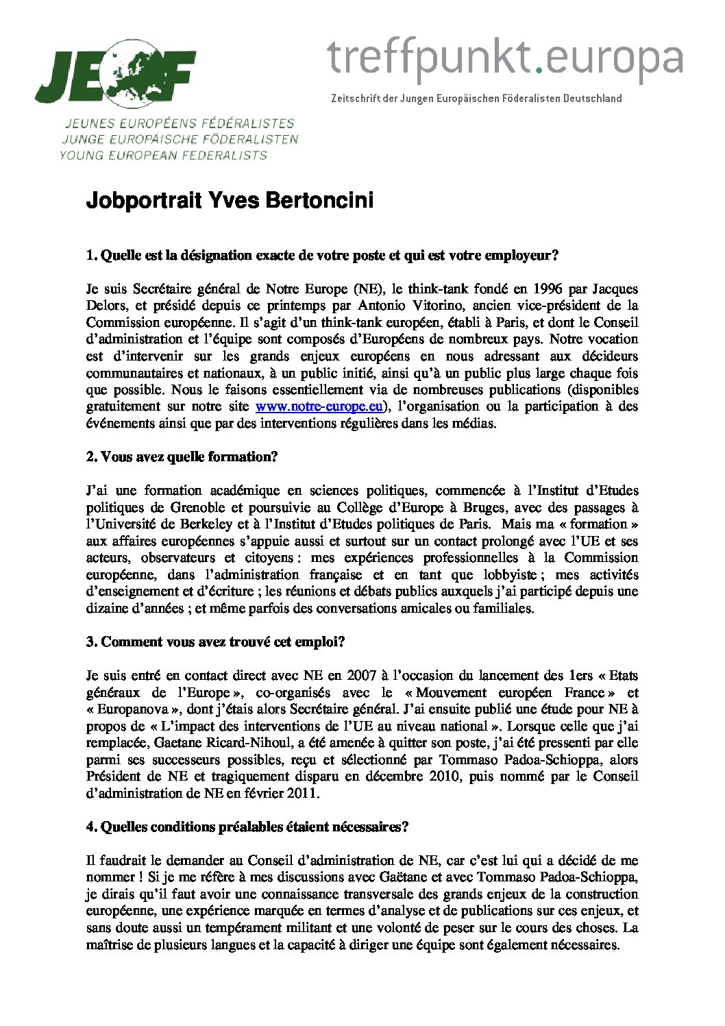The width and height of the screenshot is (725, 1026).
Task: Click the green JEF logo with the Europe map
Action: tap(116, 73)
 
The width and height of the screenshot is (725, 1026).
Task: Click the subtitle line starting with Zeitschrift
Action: tap(476, 99)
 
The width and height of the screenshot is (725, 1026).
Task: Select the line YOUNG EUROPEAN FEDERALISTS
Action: tap(163, 156)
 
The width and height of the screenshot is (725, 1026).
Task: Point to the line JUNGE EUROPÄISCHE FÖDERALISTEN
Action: tap(180, 140)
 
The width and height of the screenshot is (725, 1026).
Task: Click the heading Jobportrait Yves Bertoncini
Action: tap(230, 201)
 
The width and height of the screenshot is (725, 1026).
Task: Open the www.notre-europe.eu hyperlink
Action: tap(319, 406)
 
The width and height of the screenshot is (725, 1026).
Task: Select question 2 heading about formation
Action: tap(182, 457)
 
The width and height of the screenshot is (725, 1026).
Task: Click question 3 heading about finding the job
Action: tap(215, 642)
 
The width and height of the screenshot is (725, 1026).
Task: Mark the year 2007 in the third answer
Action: tap(361, 676)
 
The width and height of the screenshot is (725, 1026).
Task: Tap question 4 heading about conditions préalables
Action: tap(247, 827)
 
